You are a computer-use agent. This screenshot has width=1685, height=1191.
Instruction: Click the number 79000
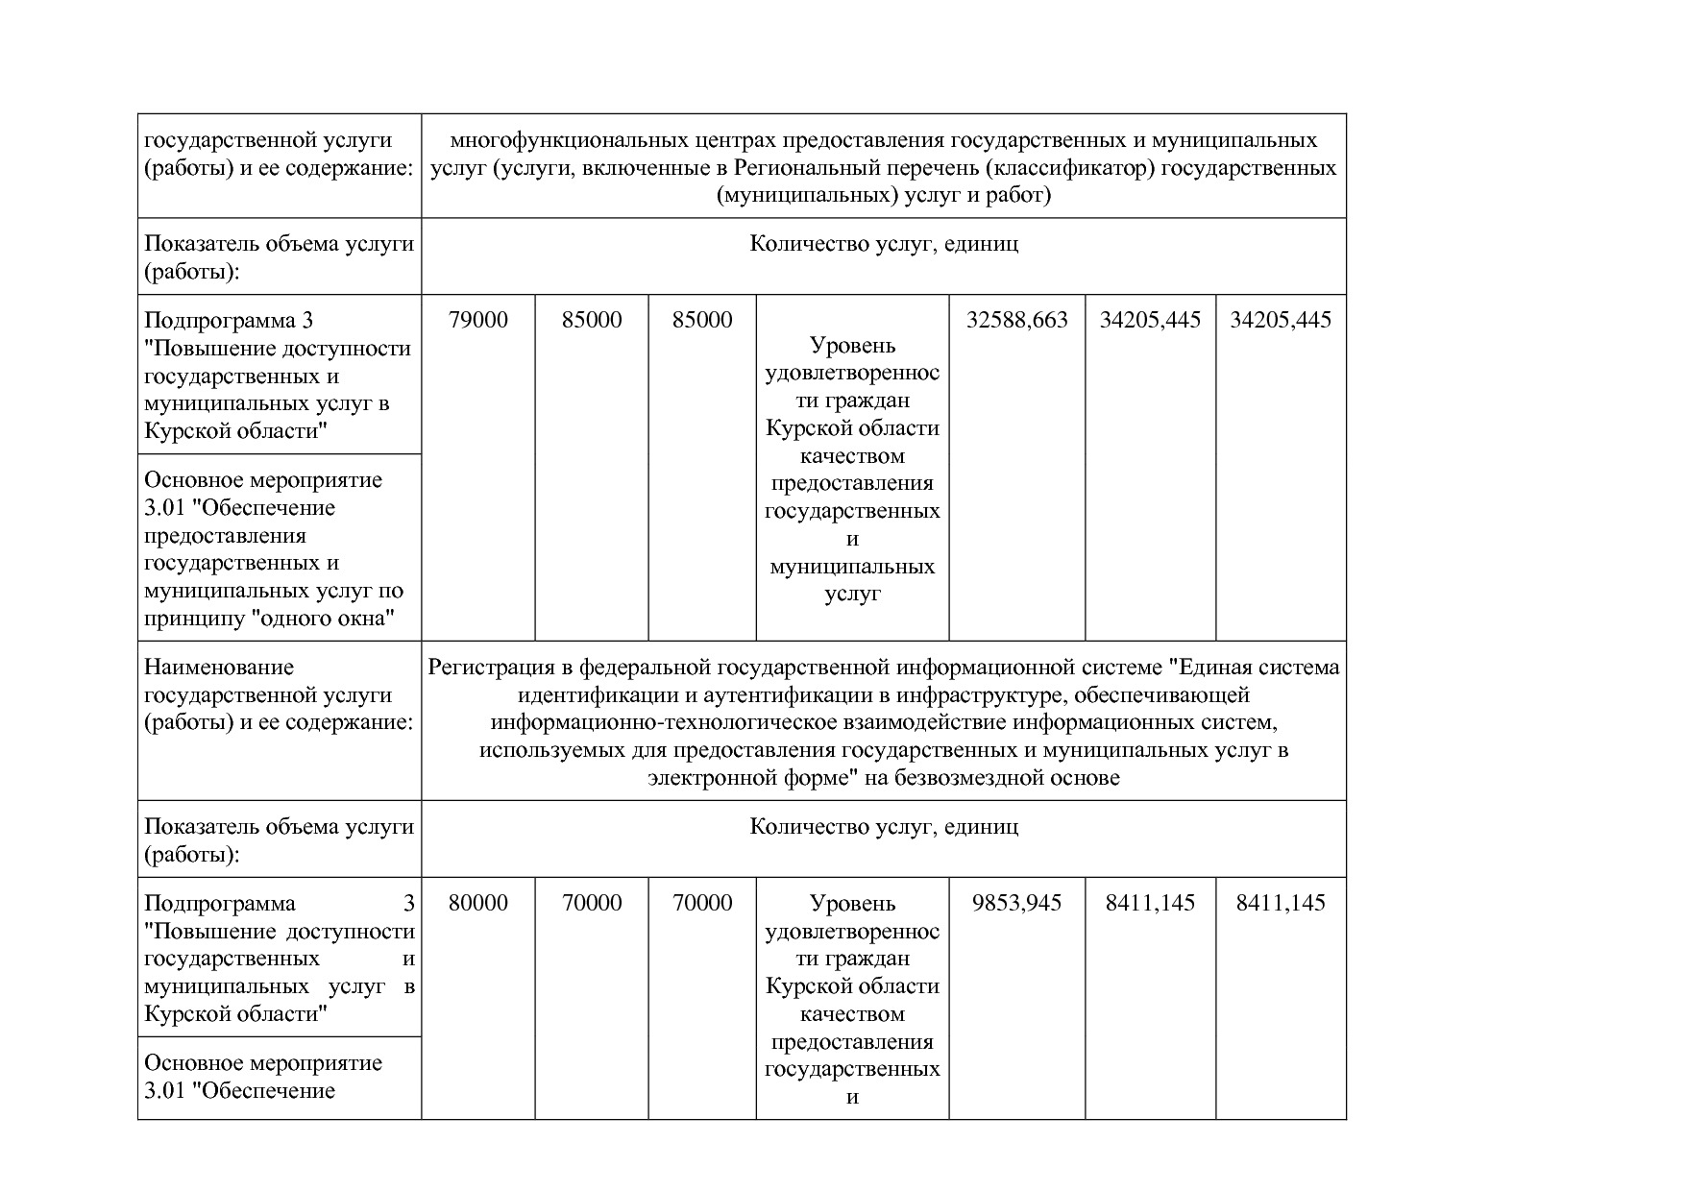click(x=478, y=320)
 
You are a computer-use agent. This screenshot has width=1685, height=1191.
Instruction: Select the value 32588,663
click(x=1016, y=320)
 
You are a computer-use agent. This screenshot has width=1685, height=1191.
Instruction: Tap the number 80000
click(x=478, y=903)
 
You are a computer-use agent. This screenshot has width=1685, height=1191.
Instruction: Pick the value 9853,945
click(x=1016, y=903)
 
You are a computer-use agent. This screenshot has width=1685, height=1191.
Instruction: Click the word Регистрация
click(x=492, y=667)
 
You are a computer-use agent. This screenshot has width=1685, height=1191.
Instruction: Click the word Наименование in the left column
click(x=219, y=667)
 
